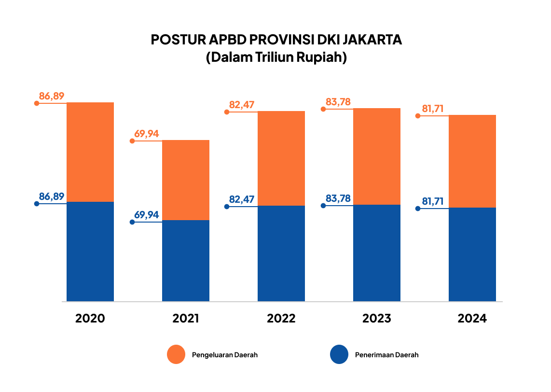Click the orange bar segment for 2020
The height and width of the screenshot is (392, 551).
coord(90,152)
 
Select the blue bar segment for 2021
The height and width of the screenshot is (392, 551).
coord(186,261)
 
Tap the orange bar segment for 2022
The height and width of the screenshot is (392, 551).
coord(281,158)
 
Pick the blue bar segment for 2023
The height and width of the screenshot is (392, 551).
coord(377,253)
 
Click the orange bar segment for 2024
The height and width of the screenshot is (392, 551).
coord(472,161)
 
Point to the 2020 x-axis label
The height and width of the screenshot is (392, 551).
coord(90,319)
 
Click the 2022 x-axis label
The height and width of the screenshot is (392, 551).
coord(281,319)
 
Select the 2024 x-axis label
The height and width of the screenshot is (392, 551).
coord(472,319)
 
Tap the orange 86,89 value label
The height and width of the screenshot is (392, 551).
coord(52,96)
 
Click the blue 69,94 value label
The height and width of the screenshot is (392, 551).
coord(147,215)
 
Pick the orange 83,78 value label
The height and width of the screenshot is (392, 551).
coord(338,102)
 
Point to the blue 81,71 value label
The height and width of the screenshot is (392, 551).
coord(433,201)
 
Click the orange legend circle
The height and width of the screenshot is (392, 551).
coord(176,354)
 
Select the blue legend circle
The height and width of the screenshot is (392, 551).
coord(339,354)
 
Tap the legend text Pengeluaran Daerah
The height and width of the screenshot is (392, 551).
coord(225,355)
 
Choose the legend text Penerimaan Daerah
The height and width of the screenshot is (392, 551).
coord(387,355)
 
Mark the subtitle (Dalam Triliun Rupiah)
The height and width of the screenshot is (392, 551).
coord(276,57)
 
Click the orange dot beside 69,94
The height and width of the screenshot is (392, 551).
coord(132,141)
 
